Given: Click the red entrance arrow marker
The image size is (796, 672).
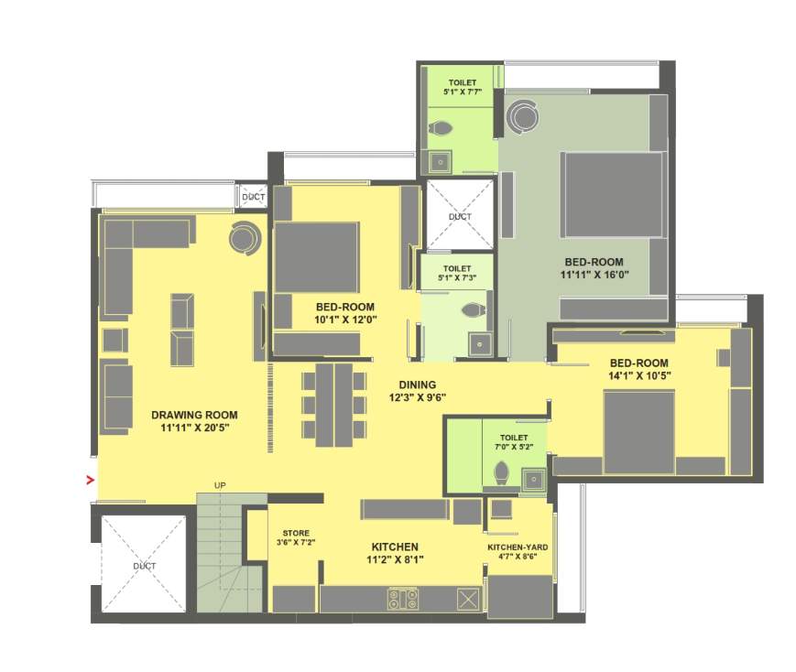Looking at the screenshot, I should pyautogui.click(x=90, y=478).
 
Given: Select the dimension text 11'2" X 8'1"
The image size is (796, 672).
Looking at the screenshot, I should pyautogui.click(x=396, y=558).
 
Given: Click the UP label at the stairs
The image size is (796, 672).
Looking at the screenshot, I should pyautogui.click(x=220, y=484).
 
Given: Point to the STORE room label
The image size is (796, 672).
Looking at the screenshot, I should pyautogui.click(x=295, y=533).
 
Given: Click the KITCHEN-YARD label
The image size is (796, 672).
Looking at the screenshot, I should pyautogui.click(x=518, y=547).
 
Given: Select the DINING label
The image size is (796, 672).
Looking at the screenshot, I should pyautogui.click(x=417, y=385).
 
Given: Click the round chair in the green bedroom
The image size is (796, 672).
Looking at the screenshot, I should pyautogui.click(x=523, y=115).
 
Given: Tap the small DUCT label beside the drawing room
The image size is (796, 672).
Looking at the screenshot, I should pyautogui.click(x=253, y=197).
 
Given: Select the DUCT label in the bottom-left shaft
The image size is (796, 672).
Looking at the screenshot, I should pyautogui.click(x=144, y=566).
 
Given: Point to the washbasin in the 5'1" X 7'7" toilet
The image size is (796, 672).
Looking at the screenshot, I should pyautogui.click(x=441, y=160).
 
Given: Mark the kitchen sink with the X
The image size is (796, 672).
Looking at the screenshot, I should pyautogui.click(x=468, y=600).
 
